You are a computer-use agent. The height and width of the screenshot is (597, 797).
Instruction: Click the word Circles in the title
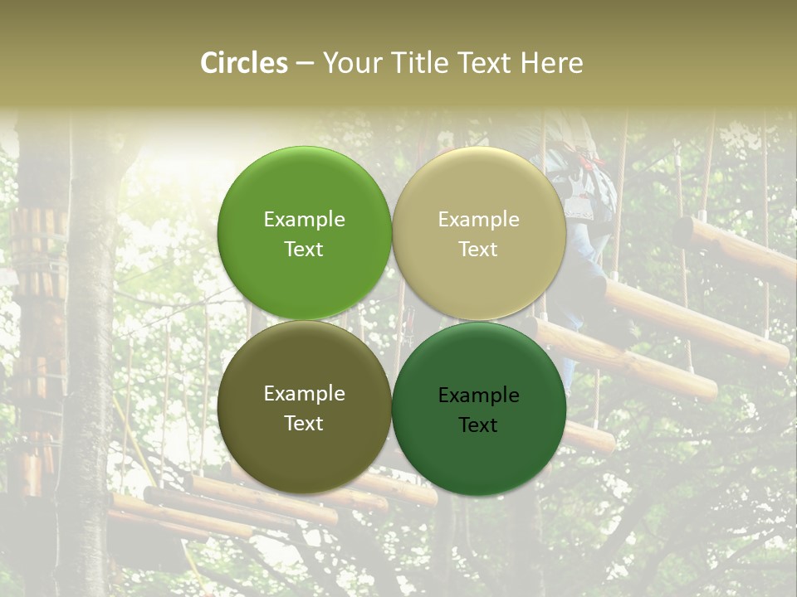click(x=244, y=63)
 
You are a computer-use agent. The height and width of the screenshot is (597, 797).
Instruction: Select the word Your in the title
click(x=352, y=63)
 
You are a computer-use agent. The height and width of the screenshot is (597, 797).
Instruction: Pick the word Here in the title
click(x=552, y=63)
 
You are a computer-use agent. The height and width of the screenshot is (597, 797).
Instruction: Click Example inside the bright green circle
click(x=304, y=220)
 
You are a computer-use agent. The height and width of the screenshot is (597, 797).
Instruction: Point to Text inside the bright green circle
click(x=304, y=250)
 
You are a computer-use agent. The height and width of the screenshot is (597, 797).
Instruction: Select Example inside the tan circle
click(x=479, y=220)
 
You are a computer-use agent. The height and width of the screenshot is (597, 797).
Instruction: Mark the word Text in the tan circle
click(x=479, y=250)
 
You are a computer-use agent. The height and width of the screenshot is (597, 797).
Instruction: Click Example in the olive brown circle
click(x=304, y=394)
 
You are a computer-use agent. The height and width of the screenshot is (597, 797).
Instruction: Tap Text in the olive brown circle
click(x=304, y=424)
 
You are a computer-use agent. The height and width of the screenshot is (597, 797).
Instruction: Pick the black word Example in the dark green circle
click(x=479, y=396)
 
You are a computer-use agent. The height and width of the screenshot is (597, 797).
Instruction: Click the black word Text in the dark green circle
click(x=479, y=425)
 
